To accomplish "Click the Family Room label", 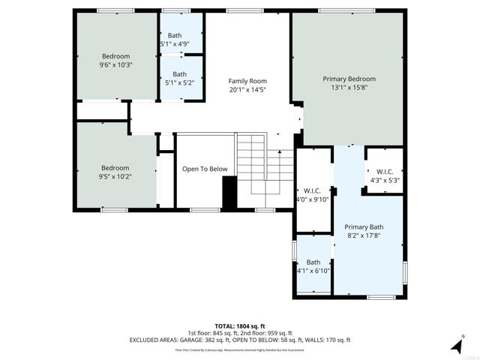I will coord(247,81).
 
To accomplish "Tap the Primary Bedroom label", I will coord(349,79).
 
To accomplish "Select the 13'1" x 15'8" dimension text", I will coord(349,88).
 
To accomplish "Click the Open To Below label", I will coord(205,169).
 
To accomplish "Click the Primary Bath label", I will coord(364,226).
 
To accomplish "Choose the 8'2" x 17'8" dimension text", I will coord(364,235).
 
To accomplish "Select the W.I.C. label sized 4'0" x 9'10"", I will coord(312,190).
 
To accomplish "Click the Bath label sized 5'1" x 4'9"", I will coord(174,35).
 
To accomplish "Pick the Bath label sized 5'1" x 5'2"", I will coord(179,74).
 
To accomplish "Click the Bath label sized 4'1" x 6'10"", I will coord(313,262).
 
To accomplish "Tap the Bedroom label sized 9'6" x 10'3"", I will coord(116,56).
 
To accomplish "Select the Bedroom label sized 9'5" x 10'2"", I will coord(115,168).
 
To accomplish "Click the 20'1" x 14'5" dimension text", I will coord(247,90).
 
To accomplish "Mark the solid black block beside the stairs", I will coord(229,193).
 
